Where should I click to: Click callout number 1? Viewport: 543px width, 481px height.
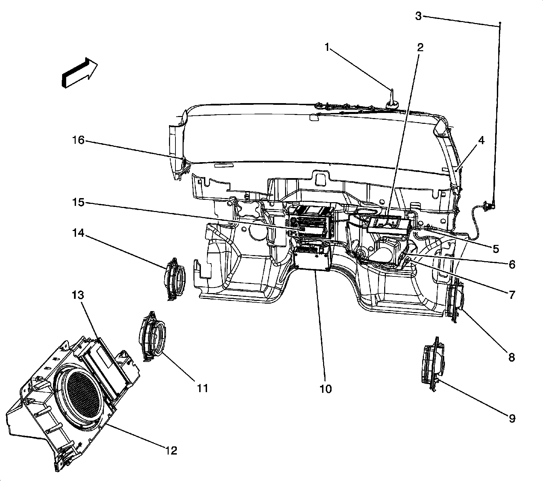(327, 47)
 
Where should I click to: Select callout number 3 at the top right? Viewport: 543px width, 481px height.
(418, 16)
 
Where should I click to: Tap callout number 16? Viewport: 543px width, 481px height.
(78, 140)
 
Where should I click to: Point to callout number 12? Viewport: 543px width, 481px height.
(171, 450)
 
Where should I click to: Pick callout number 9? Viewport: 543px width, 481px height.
(512, 418)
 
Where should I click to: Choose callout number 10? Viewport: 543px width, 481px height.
(325, 389)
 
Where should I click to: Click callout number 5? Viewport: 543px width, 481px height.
(496, 249)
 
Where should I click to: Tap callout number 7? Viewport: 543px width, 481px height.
(512, 294)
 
